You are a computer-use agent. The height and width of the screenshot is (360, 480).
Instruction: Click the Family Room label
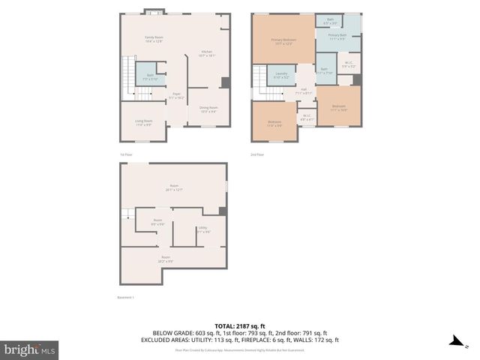(x=154, y=39)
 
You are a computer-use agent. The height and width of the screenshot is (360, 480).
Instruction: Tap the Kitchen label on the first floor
(x=208, y=53)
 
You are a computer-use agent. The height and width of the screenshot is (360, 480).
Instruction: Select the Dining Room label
(x=208, y=109)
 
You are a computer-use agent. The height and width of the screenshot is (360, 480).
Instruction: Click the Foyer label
(x=175, y=96)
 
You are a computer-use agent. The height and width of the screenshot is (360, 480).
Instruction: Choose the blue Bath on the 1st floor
(x=150, y=76)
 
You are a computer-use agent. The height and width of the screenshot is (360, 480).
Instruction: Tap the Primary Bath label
(x=337, y=37)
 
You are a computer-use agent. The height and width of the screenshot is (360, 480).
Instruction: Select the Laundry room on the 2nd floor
(x=281, y=76)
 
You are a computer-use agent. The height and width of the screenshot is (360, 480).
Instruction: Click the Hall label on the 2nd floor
(x=304, y=91)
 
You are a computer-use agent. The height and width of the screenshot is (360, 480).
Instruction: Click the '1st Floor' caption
(x=127, y=154)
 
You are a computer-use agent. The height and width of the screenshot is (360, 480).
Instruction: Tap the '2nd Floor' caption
(x=257, y=154)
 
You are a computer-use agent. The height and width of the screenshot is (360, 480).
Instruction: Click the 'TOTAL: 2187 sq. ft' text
(x=239, y=325)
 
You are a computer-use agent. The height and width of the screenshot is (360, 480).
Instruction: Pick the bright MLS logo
(x=29, y=349)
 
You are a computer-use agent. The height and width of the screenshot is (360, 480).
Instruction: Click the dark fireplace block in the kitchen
(x=225, y=82)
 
